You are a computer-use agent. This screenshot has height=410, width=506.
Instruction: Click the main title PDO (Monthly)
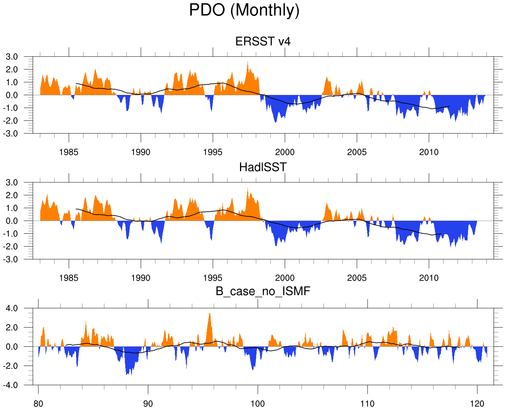coord(244,10)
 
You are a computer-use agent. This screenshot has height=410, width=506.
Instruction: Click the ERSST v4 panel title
coord(263,41)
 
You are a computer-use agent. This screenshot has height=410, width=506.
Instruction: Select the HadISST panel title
coord(263,167)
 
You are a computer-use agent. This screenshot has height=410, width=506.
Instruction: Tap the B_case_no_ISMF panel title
coord(263,291)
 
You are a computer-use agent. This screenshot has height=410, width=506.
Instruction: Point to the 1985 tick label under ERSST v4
coord(68,152)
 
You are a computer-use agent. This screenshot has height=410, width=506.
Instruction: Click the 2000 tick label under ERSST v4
coord(285,152)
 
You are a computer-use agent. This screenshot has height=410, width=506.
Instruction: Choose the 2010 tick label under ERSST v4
coord(429,152)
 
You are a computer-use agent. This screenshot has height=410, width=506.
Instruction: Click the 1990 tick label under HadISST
coord(140,278)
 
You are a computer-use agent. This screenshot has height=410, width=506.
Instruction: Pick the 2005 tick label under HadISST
coord(357,278)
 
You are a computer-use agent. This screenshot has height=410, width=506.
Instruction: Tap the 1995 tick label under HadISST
coord(213,278)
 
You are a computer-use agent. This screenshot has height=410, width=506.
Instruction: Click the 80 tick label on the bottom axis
coord(38,404)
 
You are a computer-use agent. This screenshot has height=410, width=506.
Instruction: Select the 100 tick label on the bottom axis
coord(257,404)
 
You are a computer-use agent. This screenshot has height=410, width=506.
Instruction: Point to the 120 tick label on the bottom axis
coord(477,404)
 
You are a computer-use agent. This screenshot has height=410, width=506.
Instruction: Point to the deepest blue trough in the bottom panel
coord(127,374)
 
